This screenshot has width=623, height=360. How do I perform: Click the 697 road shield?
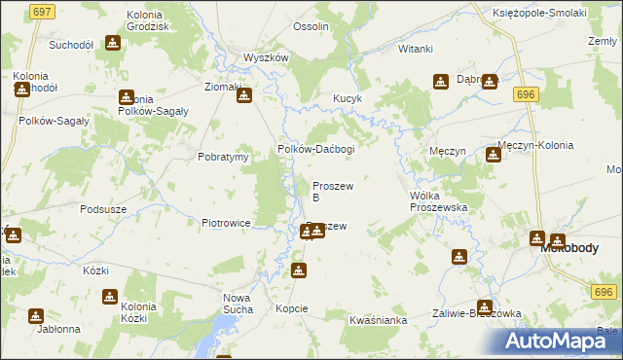[x=41, y=11]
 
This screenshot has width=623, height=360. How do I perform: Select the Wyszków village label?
[x=266, y=57]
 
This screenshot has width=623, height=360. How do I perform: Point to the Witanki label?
[x=415, y=48]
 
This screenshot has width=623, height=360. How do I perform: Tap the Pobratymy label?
[x=223, y=157]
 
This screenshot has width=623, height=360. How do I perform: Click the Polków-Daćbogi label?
[x=316, y=149]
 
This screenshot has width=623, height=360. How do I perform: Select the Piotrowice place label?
[x=227, y=223]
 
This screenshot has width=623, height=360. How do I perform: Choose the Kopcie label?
[x=291, y=308]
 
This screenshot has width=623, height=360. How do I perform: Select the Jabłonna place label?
[x=58, y=329]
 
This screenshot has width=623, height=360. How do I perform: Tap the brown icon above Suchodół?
[x=112, y=43]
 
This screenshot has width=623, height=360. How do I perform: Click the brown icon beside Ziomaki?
[x=244, y=94]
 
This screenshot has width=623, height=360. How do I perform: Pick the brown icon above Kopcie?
[x=298, y=271]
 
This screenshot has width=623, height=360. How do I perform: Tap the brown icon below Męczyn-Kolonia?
[x=493, y=155]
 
